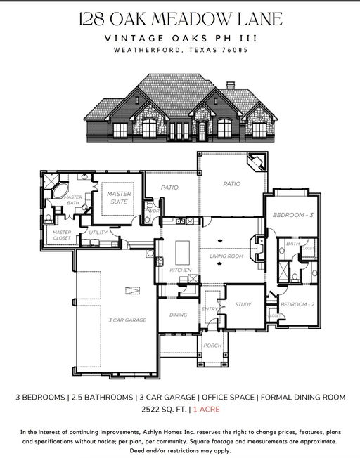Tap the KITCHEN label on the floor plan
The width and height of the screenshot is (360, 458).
[181, 270]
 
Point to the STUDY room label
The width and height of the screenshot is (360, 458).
[244, 304]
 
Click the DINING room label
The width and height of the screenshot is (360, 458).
[178, 315]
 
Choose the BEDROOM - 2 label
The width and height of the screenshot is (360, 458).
[295, 304]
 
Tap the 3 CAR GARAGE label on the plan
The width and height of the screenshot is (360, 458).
[127, 320]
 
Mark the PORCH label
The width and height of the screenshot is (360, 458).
[212, 345]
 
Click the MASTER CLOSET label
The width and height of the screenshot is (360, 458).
[62, 235]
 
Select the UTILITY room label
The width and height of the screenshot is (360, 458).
[98, 233]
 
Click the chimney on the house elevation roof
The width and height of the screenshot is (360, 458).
[230, 86]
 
